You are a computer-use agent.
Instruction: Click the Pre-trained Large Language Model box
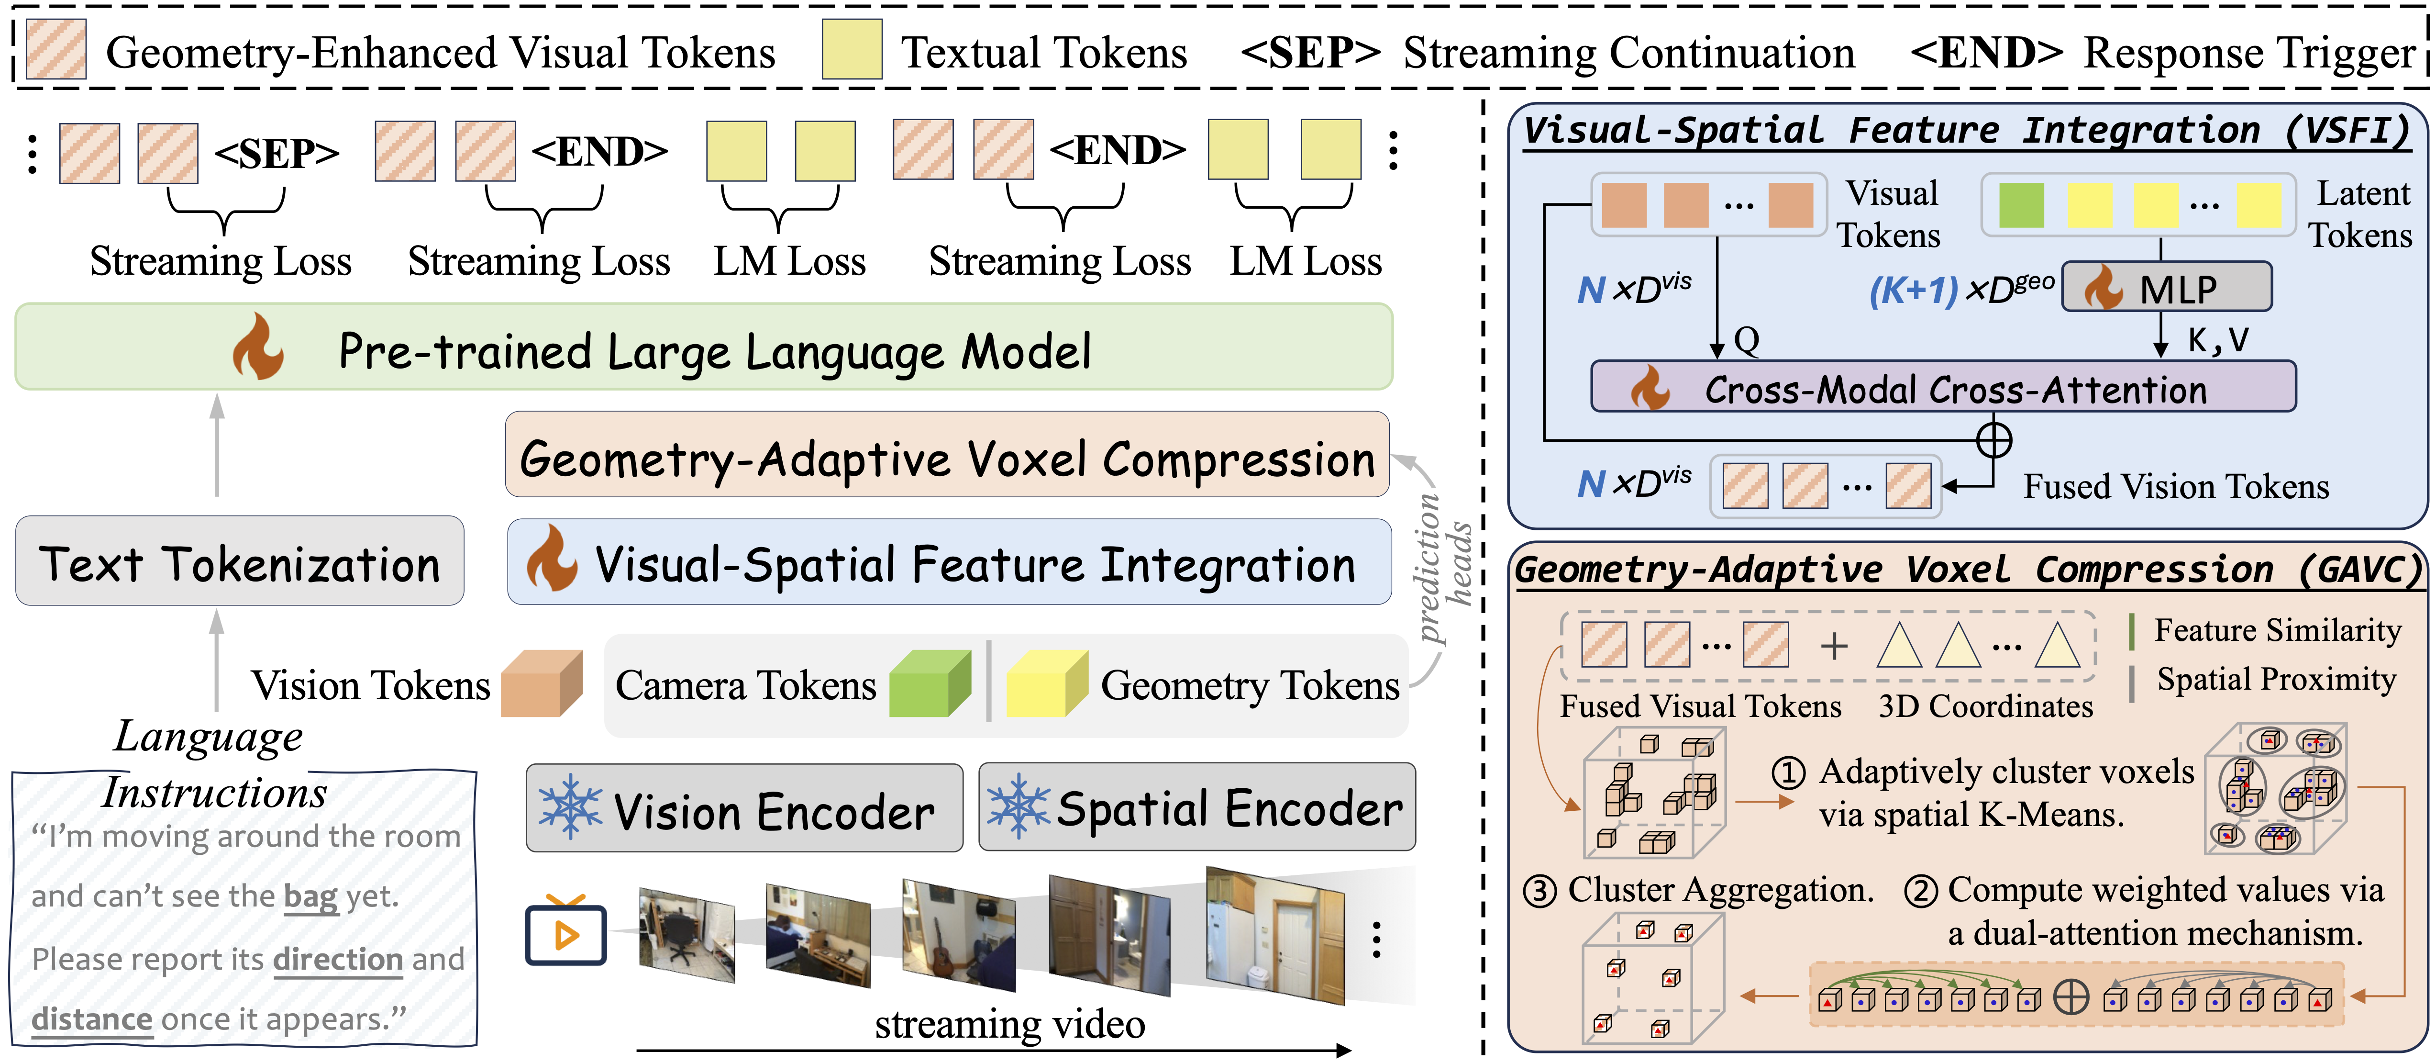[x=704, y=347]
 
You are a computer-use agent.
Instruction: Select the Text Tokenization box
[x=239, y=561]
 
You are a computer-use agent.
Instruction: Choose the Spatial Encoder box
[x=1197, y=807]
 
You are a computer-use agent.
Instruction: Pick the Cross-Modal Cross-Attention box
[x=1943, y=387]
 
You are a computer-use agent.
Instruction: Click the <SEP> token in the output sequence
[x=276, y=153]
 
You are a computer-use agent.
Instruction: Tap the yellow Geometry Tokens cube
[x=1047, y=683]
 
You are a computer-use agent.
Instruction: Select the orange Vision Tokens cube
[x=542, y=683]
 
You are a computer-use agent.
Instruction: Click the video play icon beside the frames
[x=565, y=930]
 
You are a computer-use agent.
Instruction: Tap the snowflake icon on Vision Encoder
[x=569, y=807]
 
